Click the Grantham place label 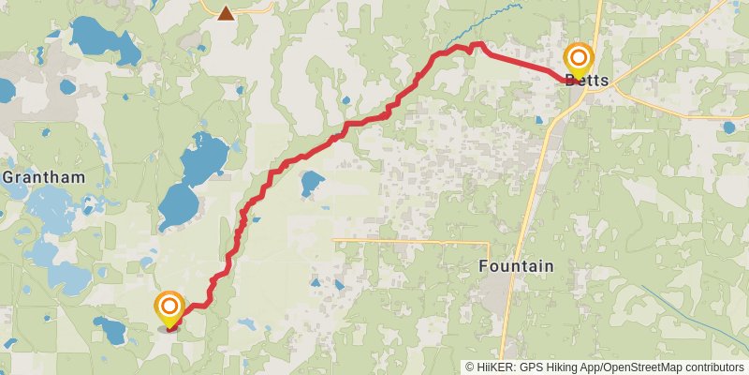43,176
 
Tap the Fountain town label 516,266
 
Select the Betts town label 588,82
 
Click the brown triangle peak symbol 226,13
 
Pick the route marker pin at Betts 579,60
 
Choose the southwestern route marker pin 169,308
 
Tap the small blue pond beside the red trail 311,182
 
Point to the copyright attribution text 605,367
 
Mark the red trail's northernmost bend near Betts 477,43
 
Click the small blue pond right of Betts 728,127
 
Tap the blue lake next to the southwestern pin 111,329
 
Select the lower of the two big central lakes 178,204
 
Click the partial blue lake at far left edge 5,91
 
